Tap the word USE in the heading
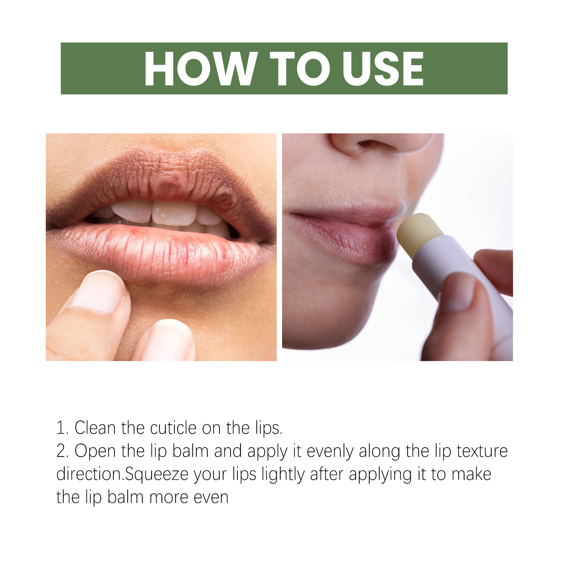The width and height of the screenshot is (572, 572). tap(383, 69)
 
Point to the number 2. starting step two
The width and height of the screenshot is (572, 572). tap(62, 451)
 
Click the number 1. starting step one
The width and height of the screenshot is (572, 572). tap(62, 428)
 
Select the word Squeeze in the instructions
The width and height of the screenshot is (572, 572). tap(157, 475)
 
